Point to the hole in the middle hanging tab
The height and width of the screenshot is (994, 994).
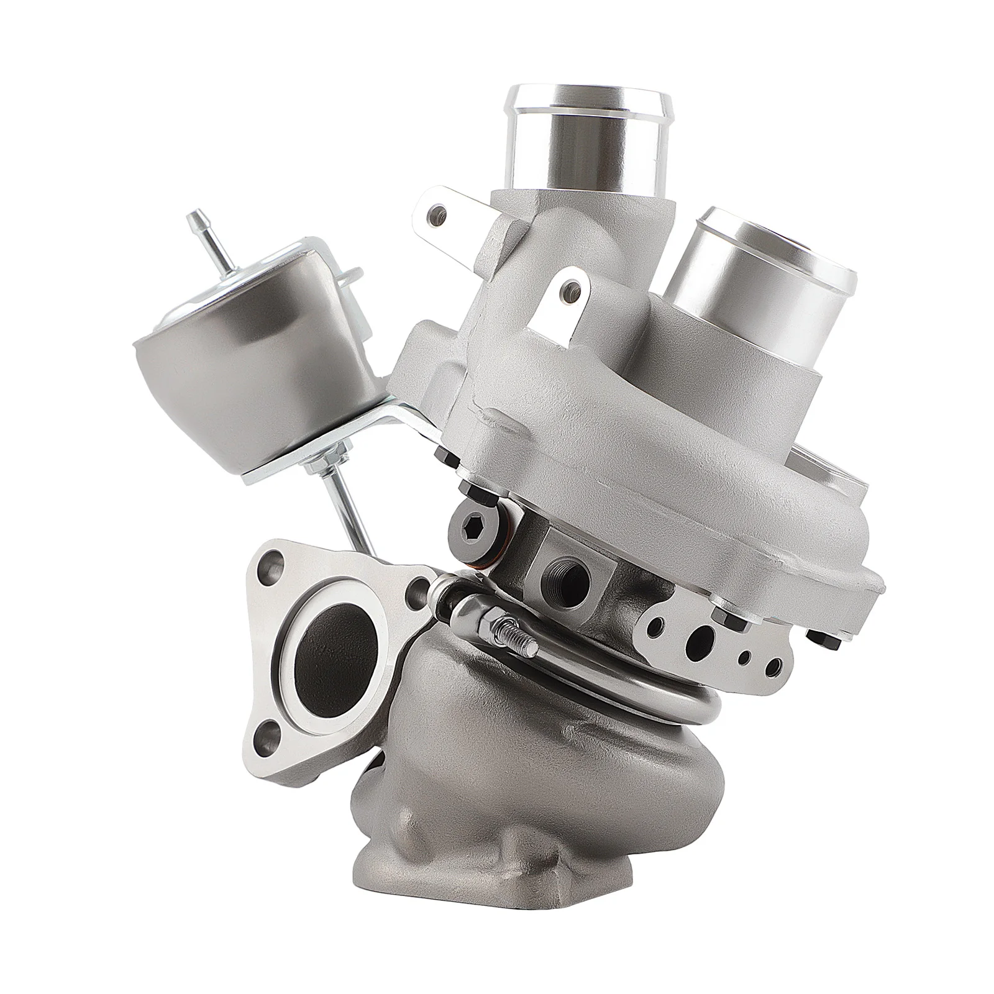click(x=567, y=288)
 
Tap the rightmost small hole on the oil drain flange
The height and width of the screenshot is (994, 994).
click(x=772, y=664)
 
